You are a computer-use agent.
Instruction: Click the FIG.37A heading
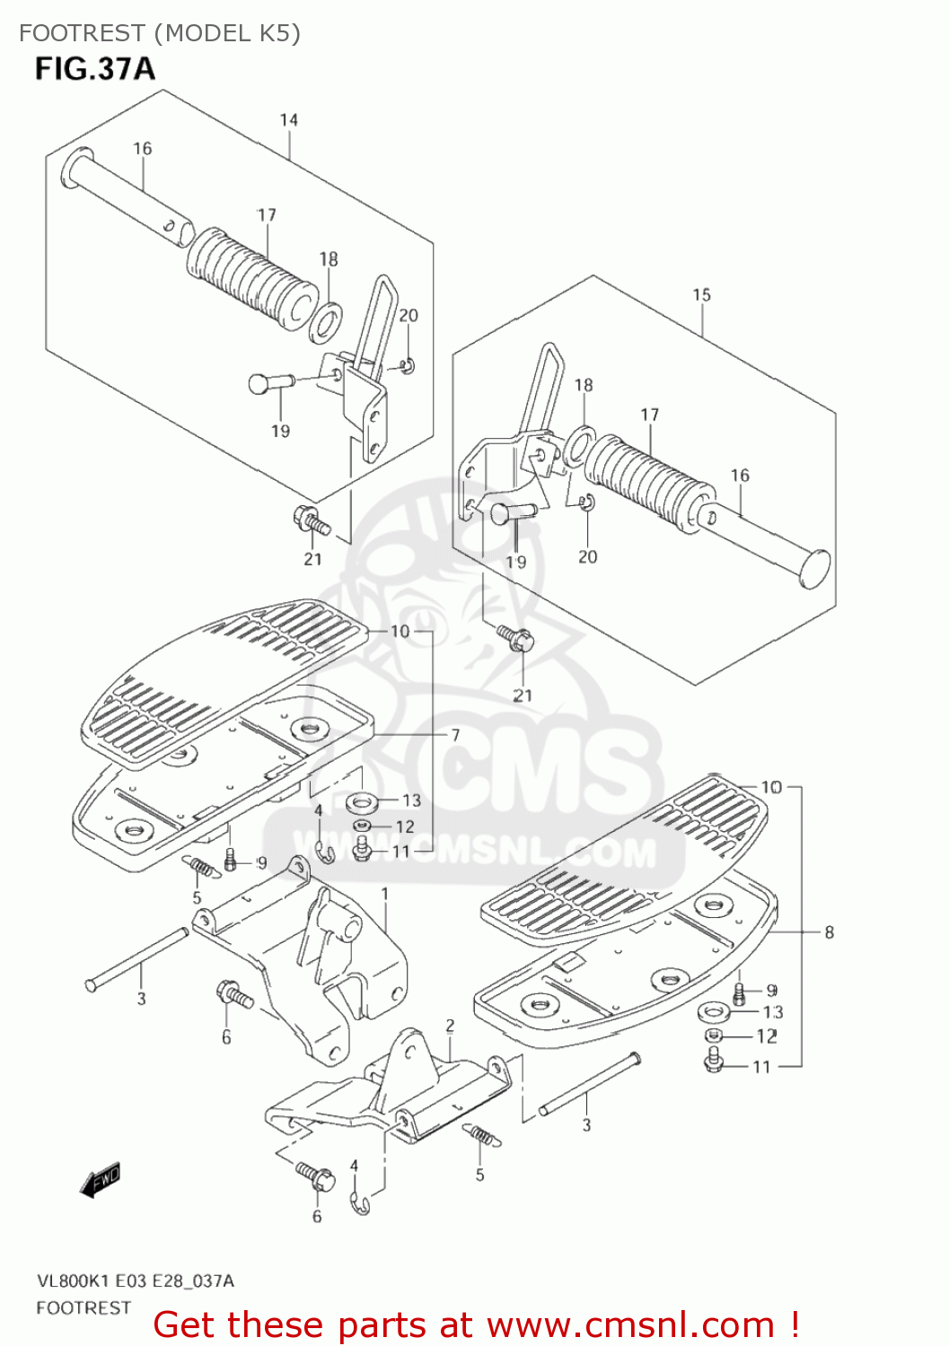click(x=94, y=69)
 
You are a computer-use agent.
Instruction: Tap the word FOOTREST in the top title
click(x=82, y=33)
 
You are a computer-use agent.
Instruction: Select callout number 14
click(x=288, y=120)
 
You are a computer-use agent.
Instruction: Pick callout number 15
click(x=701, y=294)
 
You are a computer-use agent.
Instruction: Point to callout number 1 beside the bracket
click(x=385, y=894)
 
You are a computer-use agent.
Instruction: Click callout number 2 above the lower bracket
click(x=450, y=1026)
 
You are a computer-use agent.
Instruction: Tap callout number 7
click(x=455, y=735)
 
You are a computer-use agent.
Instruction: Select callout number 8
click(x=829, y=932)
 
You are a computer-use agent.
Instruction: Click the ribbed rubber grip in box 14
click(x=250, y=275)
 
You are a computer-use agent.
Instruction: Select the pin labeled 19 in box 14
click(x=268, y=383)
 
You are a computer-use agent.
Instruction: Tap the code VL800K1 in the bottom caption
click(x=67, y=1281)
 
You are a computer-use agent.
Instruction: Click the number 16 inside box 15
click(x=739, y=476)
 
